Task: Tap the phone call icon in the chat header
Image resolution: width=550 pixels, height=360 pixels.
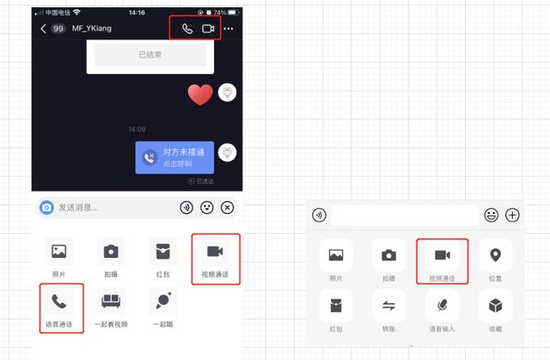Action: tap(187, 28)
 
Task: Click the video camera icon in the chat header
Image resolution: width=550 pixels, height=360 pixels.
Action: tap(207, 28)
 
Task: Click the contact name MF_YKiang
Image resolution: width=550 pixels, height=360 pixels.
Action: tap(92, 28)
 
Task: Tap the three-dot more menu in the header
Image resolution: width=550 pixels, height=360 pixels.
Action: tap(229, 28)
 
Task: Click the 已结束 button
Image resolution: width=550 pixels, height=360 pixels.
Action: tap(150, 54)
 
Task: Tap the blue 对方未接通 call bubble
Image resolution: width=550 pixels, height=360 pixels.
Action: tap(174, 157)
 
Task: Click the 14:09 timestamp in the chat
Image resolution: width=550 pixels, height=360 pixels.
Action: tap(137, 129)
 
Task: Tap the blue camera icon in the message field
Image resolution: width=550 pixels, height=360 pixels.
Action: tap(47, 207)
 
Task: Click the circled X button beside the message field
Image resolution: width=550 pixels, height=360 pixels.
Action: tap(227, 207)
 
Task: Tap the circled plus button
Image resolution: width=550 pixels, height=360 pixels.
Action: tap(512, 215)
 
